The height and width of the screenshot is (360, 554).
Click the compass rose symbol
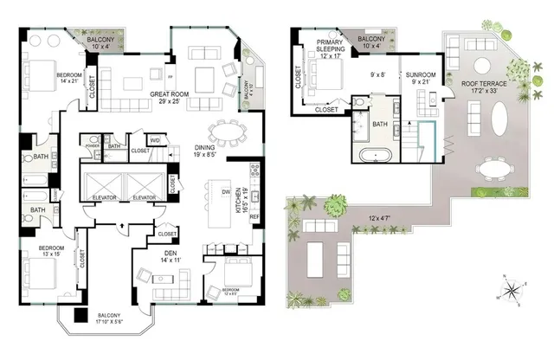512,289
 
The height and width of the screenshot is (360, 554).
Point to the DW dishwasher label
225,191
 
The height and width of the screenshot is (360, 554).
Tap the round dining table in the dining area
229,132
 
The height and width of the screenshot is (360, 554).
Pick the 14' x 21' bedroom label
71,79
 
